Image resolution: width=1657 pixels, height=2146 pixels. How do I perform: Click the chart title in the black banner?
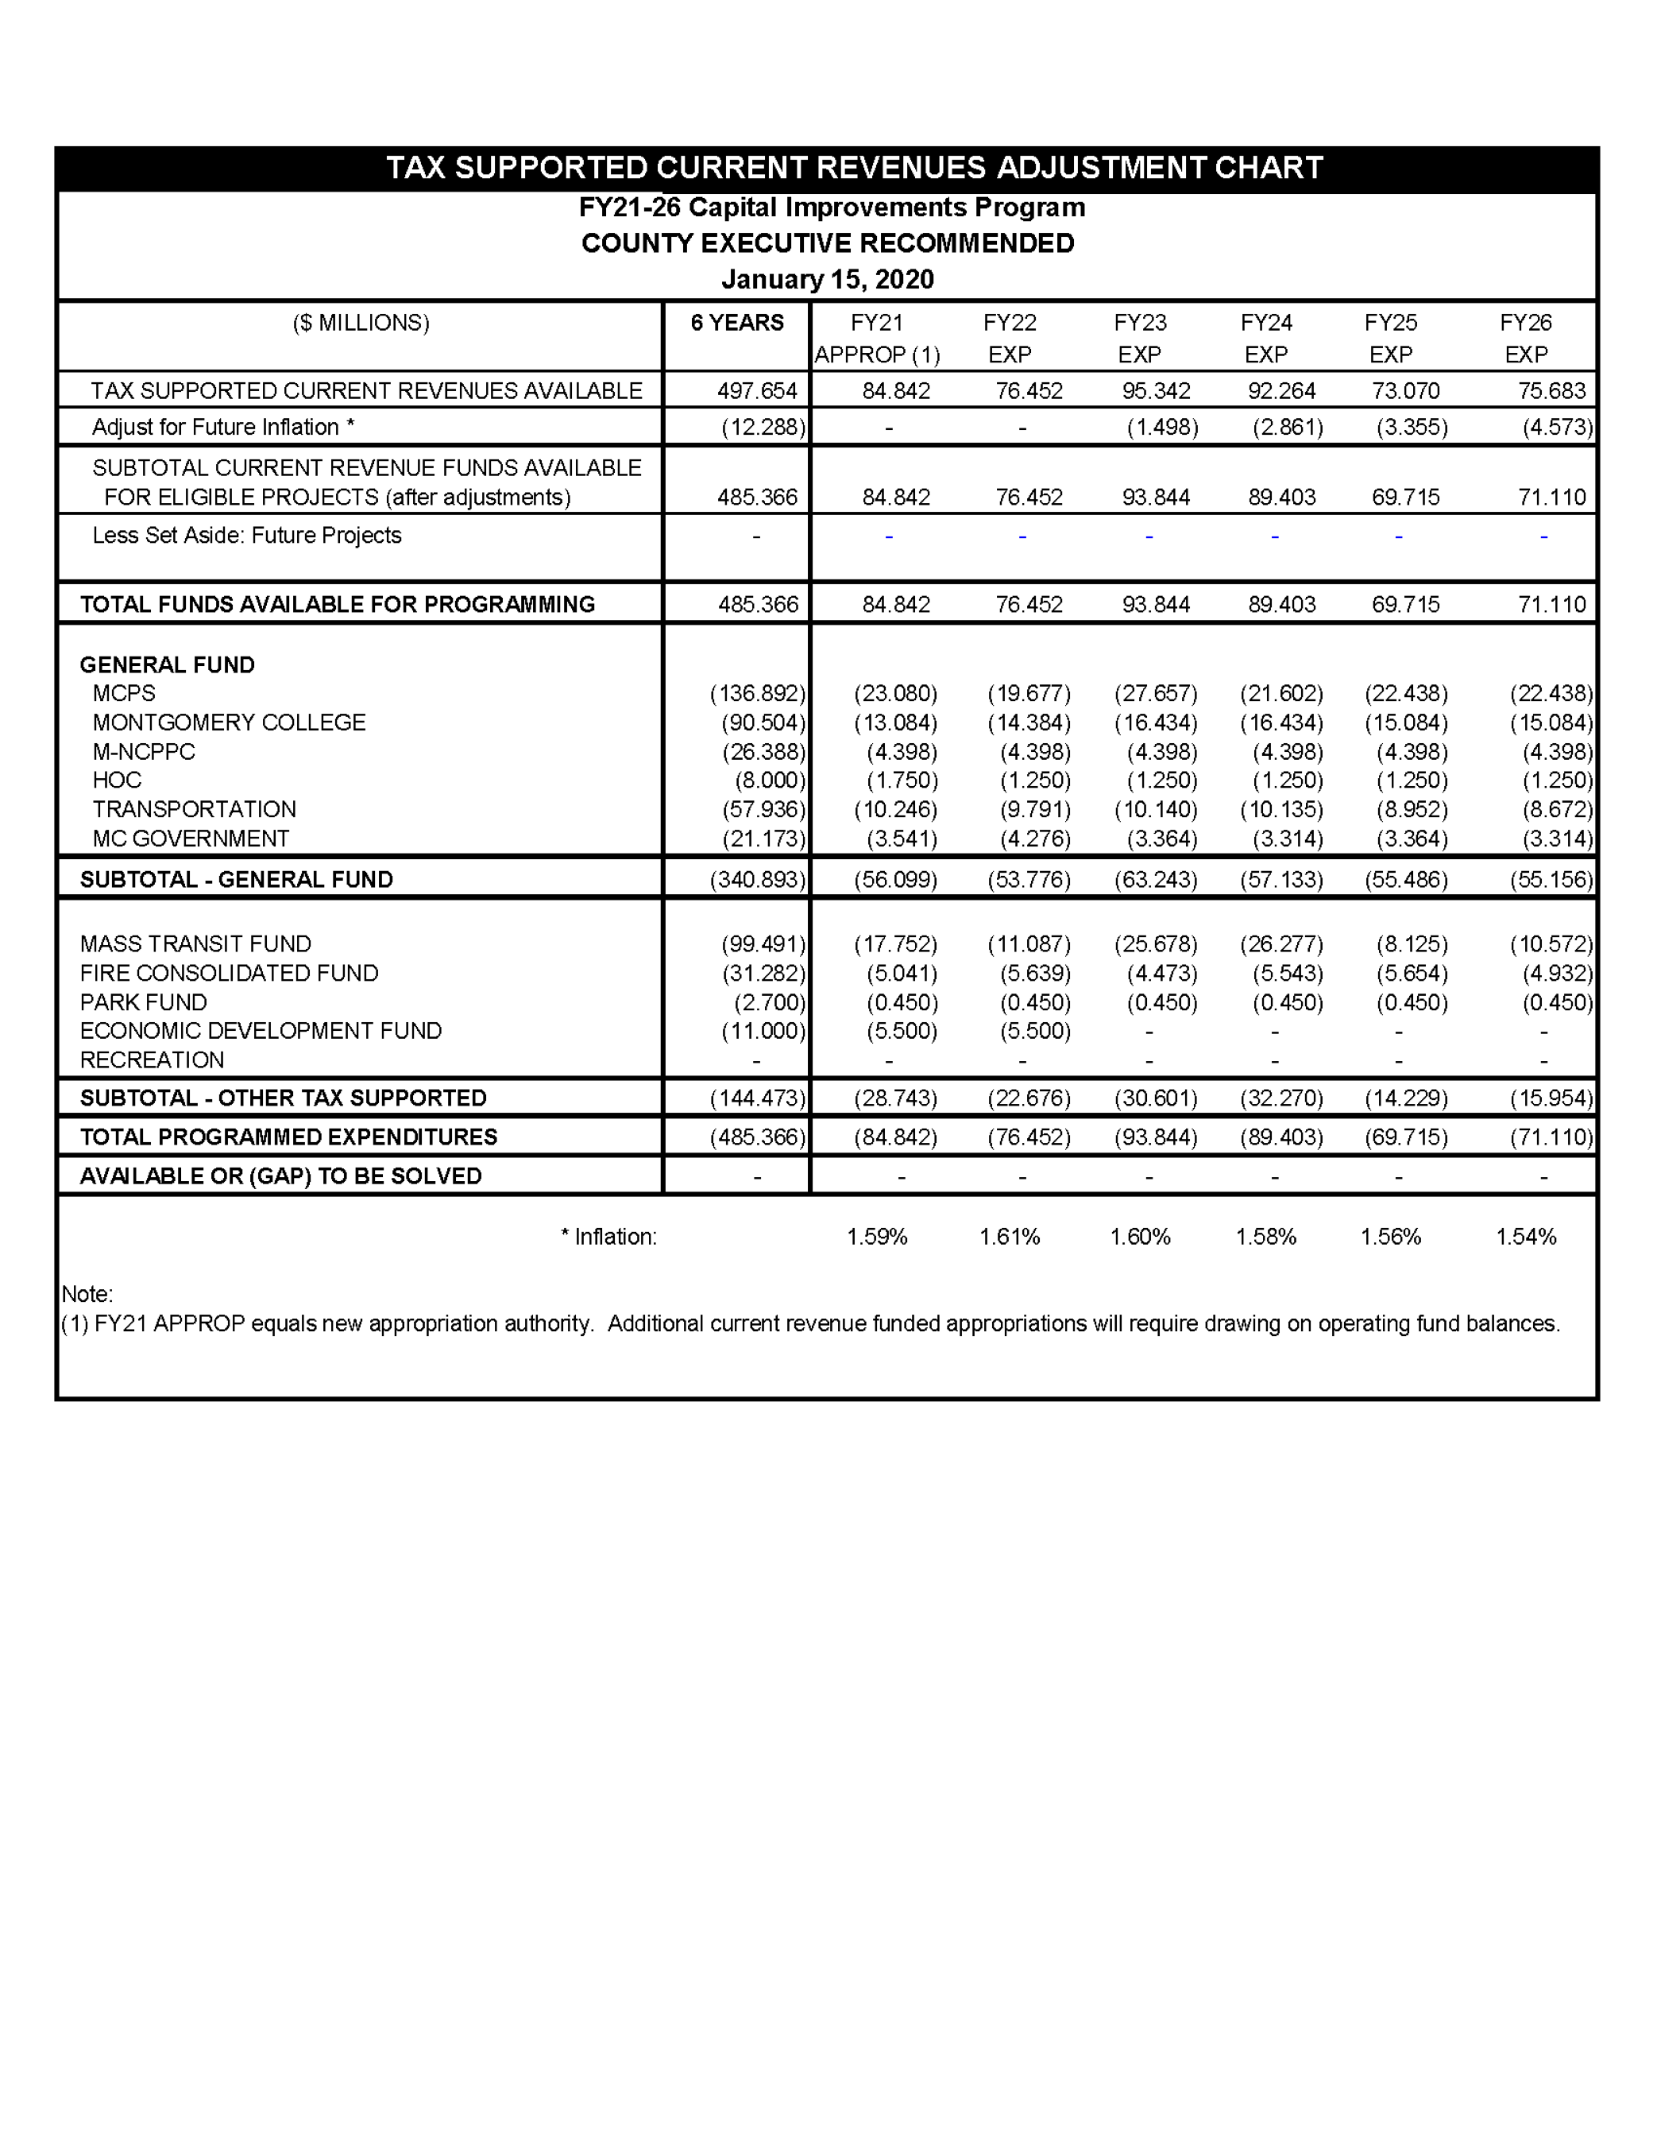(854, 168)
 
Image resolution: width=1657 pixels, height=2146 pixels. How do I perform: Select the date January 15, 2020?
(827, 280)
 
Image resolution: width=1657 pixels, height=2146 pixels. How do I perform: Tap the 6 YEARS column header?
(736, 323)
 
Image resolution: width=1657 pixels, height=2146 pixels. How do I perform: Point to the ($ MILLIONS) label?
(361, 323)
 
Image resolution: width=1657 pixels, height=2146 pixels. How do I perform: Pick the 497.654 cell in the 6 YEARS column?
(756, 391)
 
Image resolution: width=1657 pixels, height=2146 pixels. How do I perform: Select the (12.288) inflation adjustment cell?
(763, 428)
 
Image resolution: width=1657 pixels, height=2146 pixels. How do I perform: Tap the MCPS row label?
(124, 694)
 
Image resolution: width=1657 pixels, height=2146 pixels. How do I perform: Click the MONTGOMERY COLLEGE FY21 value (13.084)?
(894, 723)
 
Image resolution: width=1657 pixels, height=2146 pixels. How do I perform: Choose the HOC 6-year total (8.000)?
(770, 781)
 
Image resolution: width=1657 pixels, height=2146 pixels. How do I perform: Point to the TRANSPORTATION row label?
(194, 810)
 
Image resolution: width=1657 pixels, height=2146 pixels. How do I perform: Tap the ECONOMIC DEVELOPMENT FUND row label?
(261, 1031)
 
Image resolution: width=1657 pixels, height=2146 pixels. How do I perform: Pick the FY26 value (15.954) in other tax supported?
(1551, 1098)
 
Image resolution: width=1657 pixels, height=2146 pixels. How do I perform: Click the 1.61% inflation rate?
(1009, 1237)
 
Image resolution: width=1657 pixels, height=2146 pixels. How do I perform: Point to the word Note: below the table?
(87, 1294)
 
